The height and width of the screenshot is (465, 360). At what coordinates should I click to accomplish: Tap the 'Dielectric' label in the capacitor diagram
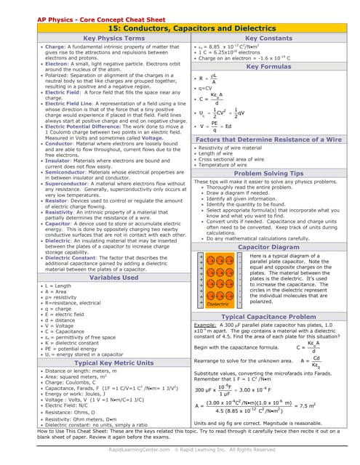(x=217, y=304)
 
